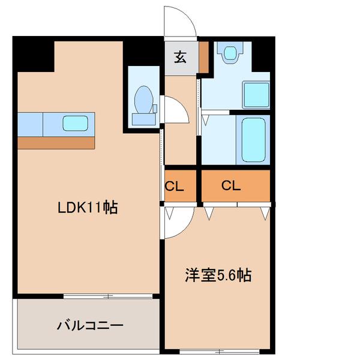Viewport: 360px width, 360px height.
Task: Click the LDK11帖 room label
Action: (x=87, y=208)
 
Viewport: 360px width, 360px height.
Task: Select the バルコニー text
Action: (x=90, y=326)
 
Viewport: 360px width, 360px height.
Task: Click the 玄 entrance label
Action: (x=180, y=58)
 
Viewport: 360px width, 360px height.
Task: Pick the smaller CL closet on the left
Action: (x=174, y=186)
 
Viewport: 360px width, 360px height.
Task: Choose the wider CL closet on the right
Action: (x=231, y=186)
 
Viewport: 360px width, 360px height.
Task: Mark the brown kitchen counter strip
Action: (x=56, y=143)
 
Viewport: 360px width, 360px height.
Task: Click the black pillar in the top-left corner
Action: (x=33, y=54)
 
